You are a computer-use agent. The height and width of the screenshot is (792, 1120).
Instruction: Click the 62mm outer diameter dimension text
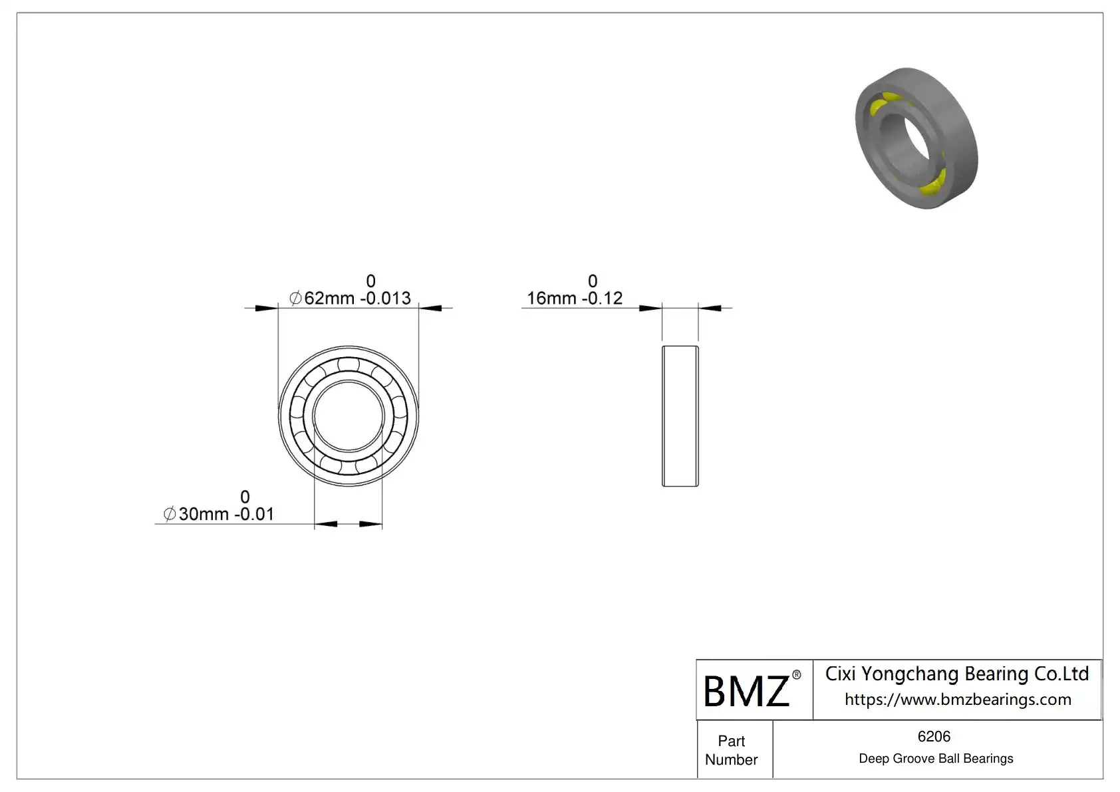350,298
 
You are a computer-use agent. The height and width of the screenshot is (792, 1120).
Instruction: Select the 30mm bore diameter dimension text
219,514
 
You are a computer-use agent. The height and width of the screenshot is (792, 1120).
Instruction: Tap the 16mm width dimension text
575,298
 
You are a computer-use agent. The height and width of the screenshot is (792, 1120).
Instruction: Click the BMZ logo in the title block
746,692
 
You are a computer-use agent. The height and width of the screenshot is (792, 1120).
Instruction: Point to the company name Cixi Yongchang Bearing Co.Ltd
957,674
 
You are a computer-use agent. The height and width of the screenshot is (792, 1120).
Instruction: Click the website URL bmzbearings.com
958,700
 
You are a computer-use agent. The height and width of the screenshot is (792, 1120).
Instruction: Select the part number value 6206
934,737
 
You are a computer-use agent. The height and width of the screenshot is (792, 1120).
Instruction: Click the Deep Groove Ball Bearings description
936,759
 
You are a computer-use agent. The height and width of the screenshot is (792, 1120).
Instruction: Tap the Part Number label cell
731,750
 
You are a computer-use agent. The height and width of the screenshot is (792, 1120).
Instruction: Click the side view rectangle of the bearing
680,416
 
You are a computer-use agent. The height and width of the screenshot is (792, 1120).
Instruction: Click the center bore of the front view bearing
349,416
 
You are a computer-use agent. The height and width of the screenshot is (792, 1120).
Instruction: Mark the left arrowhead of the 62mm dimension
266,308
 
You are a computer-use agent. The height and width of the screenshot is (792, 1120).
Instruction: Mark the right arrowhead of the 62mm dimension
430,308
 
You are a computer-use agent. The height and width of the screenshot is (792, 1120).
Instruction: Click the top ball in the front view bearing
349,364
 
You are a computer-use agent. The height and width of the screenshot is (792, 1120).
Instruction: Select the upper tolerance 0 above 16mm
593,281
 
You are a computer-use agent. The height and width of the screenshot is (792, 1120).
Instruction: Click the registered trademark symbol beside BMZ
797,675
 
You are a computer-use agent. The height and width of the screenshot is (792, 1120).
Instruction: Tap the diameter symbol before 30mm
170,514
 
